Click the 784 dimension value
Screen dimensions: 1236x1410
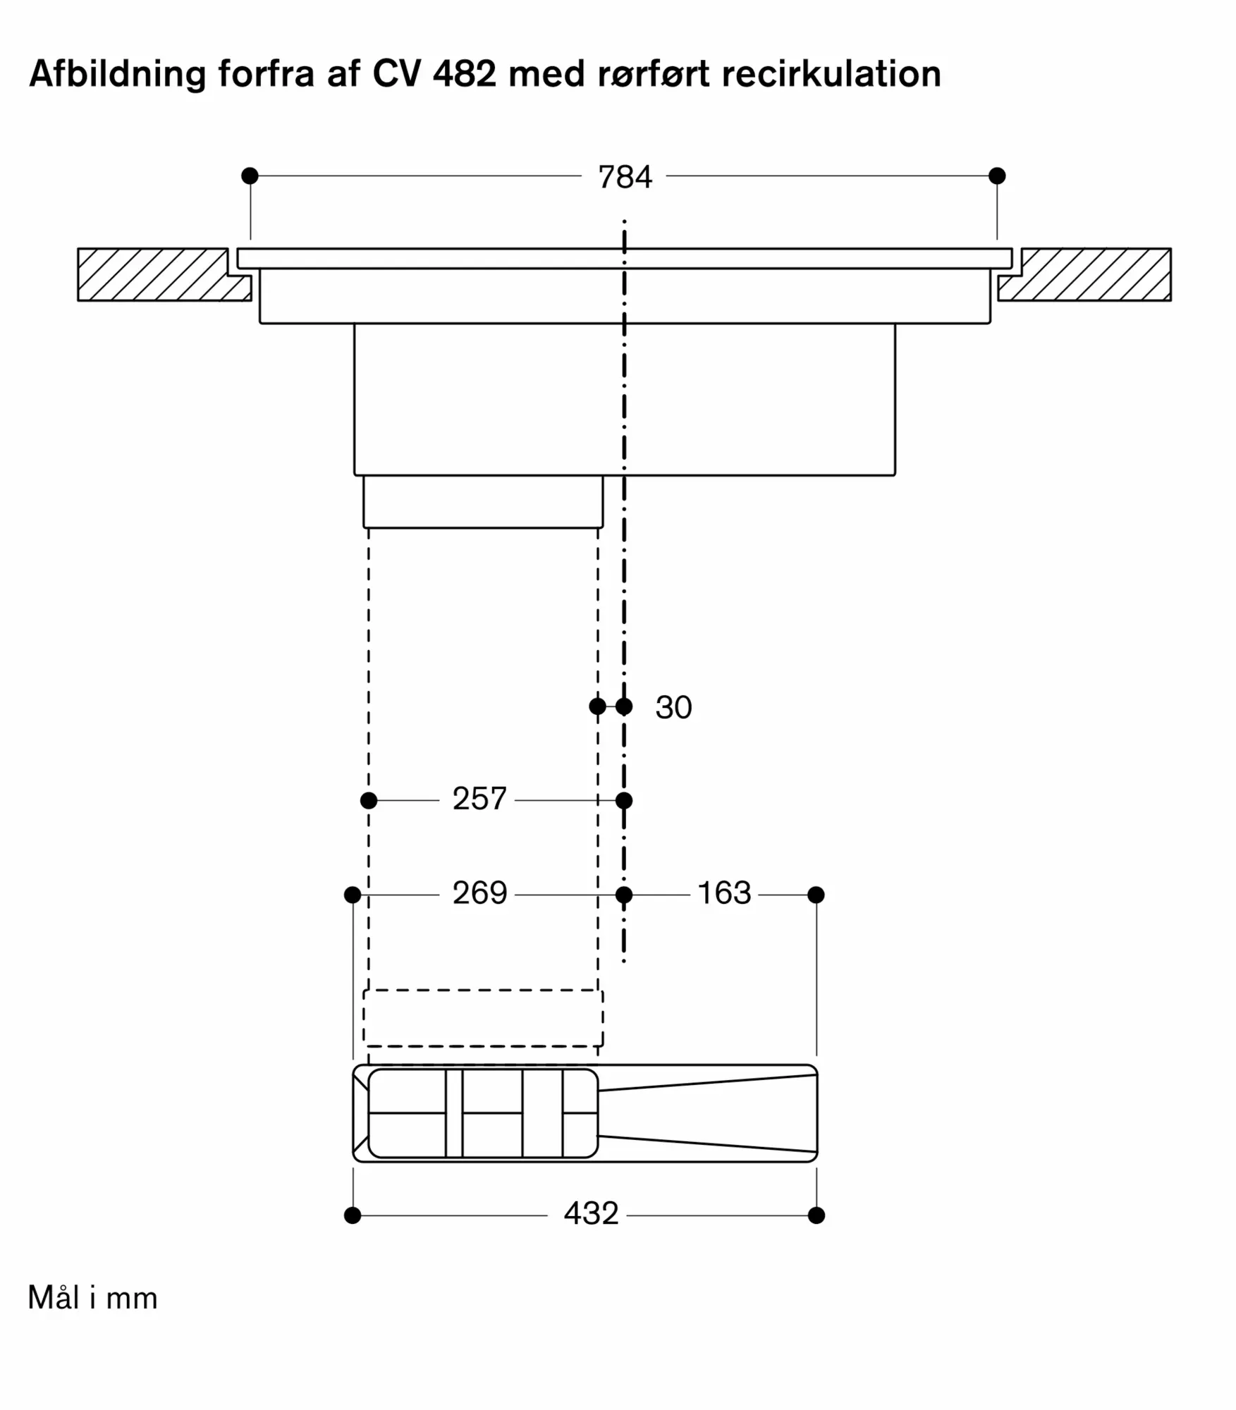pyautogui.click(x=625, y=177)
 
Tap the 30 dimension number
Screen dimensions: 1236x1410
pyautogui.click(x=673, y=707)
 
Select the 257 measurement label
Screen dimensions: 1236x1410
pyautogui.click(x=479, y=799)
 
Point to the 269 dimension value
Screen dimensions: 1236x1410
pyautogui.click(x=479, y=893)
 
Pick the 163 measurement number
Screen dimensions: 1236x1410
pyautogui.click(x=724, y=893)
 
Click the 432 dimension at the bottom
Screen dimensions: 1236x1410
pyautogui.click(x=591, y=1213)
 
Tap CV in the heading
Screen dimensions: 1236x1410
pyautogui.click(x=397, y=73)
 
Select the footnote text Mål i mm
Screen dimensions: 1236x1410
pyautogui.click(x=92, y=1297)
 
